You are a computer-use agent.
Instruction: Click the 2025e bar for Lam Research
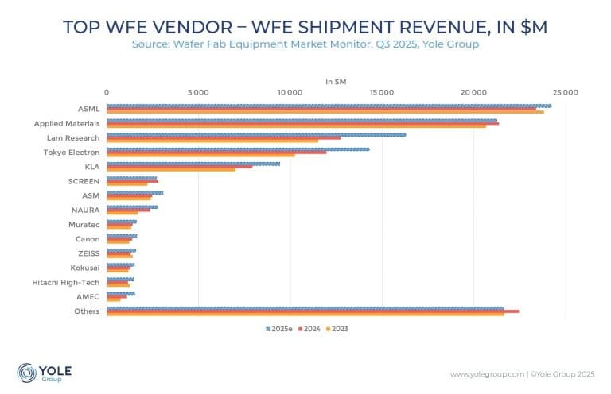256,134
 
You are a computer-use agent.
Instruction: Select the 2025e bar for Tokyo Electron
238,149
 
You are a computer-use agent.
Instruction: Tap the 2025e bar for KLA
193,164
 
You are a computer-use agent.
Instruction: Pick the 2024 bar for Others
313,311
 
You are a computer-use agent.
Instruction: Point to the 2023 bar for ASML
325,112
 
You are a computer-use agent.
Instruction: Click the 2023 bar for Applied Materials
296,126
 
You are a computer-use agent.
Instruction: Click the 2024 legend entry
311,329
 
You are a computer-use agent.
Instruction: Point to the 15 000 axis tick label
382,92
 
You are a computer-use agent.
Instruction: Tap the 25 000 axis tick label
566,92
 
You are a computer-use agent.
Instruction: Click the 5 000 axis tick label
198,92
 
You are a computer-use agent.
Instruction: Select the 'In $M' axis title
335,81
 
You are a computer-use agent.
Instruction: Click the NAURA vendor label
86,210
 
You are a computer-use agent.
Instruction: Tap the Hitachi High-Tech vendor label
66,282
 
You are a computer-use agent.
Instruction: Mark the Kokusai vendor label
85,268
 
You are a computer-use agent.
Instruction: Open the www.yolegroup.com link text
487,373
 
